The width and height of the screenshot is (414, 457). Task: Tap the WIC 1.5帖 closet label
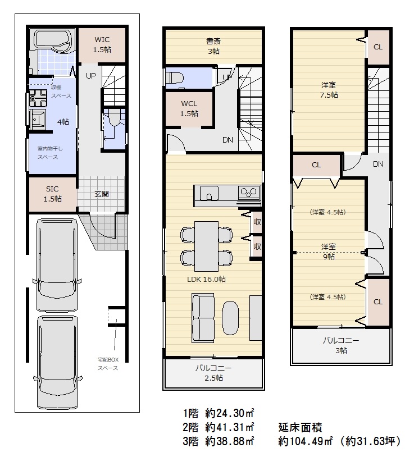[x=102, y=44]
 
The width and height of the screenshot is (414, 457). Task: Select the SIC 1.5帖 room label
[x=52, y=194]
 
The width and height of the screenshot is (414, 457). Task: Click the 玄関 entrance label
[x=102, y=194]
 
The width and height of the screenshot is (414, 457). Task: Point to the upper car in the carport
[x=56, y=264]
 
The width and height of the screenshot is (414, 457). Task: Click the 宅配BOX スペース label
[x=107, y=363]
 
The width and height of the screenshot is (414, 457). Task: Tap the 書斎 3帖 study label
[x=213, y=46]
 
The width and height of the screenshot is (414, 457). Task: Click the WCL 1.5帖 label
[x=189, y=108]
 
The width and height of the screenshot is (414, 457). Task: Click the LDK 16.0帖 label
[x=206, y=279]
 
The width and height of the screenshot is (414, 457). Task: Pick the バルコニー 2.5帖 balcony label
[x=213, y=373]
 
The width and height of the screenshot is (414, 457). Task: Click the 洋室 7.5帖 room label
[x=329, y=90]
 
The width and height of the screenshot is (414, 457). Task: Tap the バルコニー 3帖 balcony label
[x=340, y=345]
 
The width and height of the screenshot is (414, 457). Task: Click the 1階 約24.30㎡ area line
[x=219, y=413]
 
